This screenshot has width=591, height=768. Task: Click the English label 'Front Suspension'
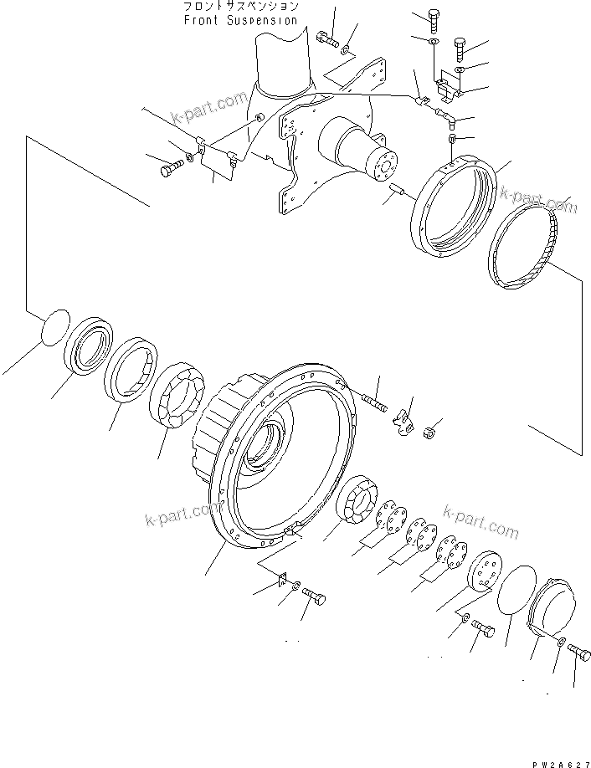pos(240,19)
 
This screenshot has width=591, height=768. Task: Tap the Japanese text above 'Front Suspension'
pos(240,7)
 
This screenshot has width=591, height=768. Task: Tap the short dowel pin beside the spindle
pos(397,198)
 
